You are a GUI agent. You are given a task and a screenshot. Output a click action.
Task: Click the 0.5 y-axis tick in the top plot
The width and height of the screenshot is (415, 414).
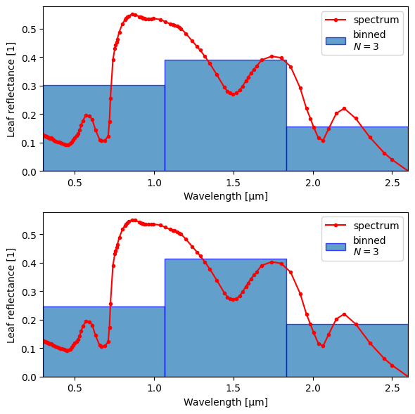click(x=41, y=29)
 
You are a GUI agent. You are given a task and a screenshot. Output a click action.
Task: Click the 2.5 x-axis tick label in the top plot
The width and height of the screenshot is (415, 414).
click(x=392, y=183)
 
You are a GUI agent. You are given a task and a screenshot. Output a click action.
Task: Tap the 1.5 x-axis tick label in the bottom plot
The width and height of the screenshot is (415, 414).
click(x=233, y=388)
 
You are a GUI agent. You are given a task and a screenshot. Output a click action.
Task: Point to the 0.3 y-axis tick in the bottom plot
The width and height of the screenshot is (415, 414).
click(x=41, y=292)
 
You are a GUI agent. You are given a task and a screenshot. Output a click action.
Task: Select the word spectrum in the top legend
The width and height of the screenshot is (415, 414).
click(x=376, y=20)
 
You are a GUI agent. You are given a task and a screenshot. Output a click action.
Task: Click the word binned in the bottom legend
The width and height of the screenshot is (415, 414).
click(x=369, y=240)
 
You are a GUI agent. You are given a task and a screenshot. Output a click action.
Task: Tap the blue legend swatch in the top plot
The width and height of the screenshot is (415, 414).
click(x=336, y=41)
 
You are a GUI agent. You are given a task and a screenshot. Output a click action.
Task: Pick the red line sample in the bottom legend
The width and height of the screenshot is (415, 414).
click(x=336, y=225)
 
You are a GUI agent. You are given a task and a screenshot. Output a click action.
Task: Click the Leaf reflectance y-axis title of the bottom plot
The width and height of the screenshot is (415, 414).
click(x=11, y=295)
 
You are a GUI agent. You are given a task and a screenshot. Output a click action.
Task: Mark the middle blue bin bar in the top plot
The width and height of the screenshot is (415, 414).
click(x=226, y=115)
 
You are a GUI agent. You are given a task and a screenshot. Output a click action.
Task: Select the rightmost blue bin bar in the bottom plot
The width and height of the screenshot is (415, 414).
click(x=347, y=351)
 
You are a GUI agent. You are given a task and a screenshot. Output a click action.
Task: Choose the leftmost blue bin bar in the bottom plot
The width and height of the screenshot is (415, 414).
click(x=104, y=342)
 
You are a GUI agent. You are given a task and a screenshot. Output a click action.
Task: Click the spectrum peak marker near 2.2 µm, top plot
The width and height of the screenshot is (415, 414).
click(x=344, y=109)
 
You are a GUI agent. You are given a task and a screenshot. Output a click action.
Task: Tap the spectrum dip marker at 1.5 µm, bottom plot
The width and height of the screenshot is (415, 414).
click(x=233, y=299)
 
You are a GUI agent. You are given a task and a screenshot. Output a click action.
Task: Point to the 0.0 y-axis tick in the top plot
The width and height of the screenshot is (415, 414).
click(x=41, y=172)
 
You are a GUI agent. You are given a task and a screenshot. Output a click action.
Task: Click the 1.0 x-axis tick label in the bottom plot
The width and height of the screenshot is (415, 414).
click(x=154, y=388)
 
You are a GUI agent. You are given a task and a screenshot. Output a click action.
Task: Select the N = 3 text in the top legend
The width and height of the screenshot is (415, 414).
click(x=366, y=46)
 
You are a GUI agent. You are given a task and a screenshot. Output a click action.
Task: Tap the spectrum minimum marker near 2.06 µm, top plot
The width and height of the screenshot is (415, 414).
click(x=323, y=141)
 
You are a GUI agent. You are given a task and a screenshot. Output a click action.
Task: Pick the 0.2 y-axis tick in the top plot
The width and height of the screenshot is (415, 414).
click(x=41, y=115)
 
